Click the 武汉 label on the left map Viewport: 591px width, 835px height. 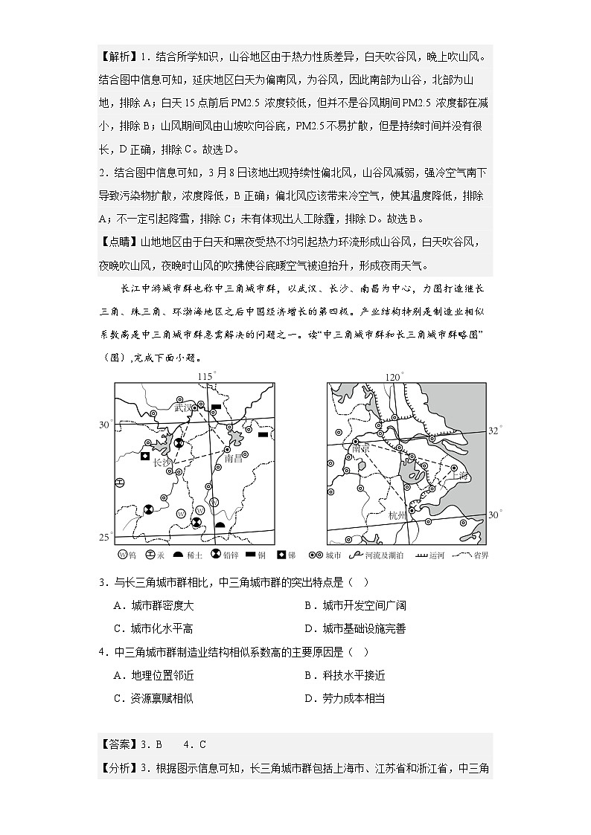(183, 407)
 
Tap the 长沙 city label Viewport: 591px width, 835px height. (162, 462)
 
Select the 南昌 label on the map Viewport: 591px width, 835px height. (234, 459)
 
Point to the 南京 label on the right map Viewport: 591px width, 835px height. (361, 448)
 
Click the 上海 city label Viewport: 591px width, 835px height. (457, 476)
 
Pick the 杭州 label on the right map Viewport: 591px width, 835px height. (399, 515)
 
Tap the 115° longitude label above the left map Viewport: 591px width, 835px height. (207, 376)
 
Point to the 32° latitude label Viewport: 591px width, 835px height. (496, 431)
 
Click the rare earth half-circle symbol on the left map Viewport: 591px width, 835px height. (220, 525)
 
